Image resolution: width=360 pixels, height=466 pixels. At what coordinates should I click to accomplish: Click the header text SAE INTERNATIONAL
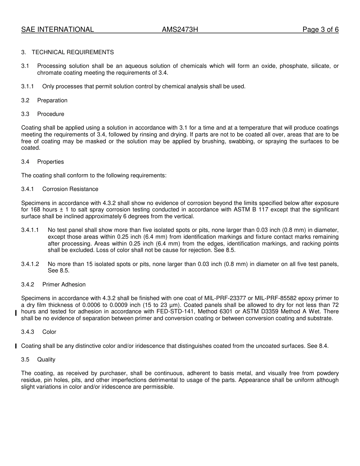57,30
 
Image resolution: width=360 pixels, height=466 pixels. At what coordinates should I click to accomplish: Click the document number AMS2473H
180,30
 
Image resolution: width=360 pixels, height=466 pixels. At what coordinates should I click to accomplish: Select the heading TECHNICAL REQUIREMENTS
72,52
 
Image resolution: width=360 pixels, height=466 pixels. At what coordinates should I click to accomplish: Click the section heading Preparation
52,100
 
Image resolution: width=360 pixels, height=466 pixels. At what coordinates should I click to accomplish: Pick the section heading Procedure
51,114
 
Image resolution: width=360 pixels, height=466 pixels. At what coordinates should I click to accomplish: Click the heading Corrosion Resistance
70,189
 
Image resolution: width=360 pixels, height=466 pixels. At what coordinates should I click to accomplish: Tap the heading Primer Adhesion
64,285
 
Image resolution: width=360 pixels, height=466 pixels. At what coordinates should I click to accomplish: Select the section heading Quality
46,360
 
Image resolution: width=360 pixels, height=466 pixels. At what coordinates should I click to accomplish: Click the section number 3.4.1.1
30,230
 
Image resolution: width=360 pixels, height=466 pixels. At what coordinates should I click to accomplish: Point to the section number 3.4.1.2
30,264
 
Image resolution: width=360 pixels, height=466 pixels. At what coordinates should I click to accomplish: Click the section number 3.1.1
27,86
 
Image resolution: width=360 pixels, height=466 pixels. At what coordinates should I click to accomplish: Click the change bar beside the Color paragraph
16,346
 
